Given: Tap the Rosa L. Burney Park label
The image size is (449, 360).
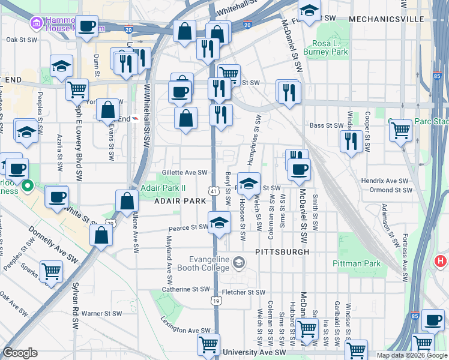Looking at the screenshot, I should click(x=330, y=48).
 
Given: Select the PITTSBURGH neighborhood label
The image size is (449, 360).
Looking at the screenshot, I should click(x=282, y=252).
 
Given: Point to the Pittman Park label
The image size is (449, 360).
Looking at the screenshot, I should click(x=356, y=263).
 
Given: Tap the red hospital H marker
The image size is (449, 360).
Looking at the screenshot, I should click(x=441, y=261).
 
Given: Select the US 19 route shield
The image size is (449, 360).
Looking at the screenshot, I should click(x=215, y=300).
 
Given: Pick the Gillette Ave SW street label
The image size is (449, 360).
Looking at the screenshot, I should click(x=184, y=173).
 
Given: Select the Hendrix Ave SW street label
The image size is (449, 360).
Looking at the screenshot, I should click(x=384, y=181).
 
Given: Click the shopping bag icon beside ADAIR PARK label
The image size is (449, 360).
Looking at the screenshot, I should click(x=127, y=201).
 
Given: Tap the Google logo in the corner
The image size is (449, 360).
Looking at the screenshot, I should click(x=21, y=353).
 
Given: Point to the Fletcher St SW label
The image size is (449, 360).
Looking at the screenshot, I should click(x=243, y=292).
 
